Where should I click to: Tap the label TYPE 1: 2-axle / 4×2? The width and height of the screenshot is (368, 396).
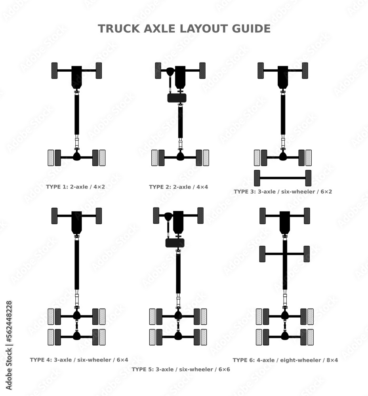click(75, 187)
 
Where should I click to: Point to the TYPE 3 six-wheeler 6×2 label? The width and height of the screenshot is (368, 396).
click(282, 192)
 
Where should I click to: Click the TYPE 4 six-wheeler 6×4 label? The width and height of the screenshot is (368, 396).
click(79, 360)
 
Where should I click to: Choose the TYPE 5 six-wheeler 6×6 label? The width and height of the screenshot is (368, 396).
click(181, 369)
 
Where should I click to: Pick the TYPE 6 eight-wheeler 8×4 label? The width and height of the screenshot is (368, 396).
click(285, 360)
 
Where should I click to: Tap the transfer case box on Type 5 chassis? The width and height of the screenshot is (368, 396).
click(175, 243)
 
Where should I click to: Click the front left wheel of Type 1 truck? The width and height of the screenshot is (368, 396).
click(55, 70)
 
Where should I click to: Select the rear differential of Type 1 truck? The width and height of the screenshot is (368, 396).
click(76, 156)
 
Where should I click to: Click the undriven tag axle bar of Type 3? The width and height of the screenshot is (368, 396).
click(282, 178)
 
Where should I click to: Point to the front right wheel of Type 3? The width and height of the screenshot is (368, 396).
click(305, 70)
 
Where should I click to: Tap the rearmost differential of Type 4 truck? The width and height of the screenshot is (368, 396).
click(76, 335)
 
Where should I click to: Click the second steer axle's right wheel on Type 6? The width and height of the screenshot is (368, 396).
click(306, 254)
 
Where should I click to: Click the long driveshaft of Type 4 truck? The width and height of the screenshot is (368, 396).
click(76, 263)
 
